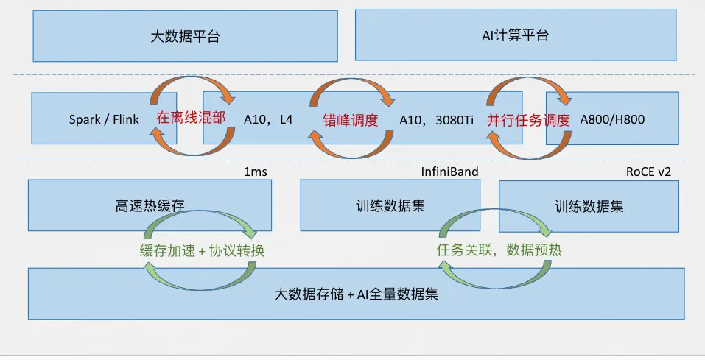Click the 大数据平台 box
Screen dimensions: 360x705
[185, 35]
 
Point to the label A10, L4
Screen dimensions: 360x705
[268, 118]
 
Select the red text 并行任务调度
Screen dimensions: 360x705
[528, 118]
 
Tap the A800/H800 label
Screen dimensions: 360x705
[612, 118]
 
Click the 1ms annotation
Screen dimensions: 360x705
[255, 172]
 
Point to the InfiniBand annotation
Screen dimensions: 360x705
[449, 172]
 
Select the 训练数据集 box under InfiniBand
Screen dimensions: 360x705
[390, 206]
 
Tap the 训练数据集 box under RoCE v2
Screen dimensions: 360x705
[589, 206]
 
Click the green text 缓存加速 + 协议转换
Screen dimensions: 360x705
[202, 250]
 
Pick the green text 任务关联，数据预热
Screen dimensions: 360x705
[500, 250]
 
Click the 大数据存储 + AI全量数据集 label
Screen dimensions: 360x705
[357, 294]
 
